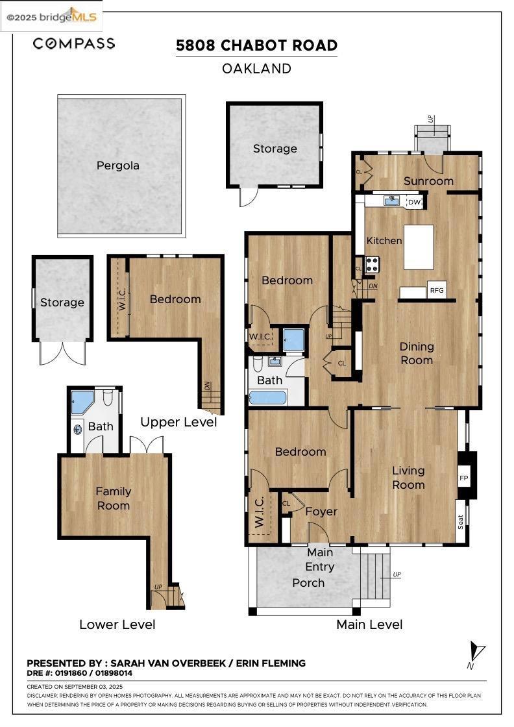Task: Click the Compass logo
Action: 74,43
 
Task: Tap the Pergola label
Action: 117,166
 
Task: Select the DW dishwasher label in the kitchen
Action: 414,202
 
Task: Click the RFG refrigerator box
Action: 437,290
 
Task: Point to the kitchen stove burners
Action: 372,264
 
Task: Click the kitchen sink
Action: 391,201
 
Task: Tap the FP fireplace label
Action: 463,478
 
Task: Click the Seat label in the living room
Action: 461,522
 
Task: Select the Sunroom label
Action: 428,181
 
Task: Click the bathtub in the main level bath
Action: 268,398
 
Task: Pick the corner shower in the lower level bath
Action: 82,402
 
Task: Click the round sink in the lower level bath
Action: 77,429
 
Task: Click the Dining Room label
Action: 417,353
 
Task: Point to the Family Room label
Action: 114,499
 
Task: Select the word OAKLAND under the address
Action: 257,69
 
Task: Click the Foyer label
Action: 321,511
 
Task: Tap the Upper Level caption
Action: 178,423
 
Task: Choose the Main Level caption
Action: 369,624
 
